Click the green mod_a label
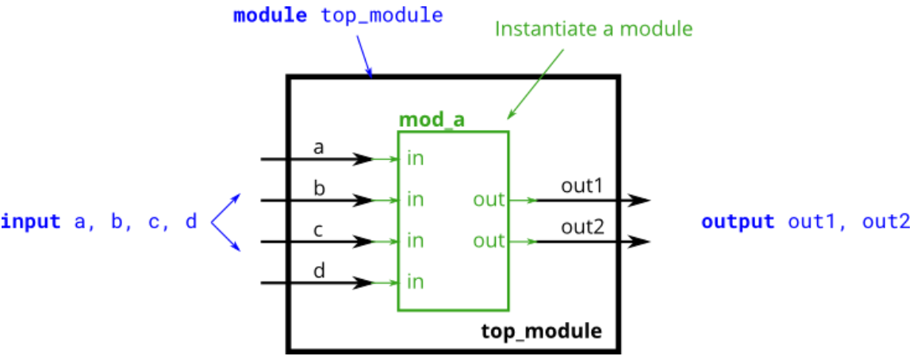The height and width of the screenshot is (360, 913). tap(432, 120)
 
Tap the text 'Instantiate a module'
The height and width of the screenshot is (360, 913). tap(594, 29)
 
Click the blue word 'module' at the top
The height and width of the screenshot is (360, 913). tap(270, 15)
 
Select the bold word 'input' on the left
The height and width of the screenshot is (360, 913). tap(31, 221)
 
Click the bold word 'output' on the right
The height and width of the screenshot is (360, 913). tap(737, 221)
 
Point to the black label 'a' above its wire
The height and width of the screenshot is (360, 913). tap(319, 147)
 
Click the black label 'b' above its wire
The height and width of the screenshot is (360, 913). tap(319, 188)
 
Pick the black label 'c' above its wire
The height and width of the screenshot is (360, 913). tap(319, 230)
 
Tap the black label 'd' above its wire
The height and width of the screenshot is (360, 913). tap(319, 270)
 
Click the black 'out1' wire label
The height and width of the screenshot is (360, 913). tap(583, 186)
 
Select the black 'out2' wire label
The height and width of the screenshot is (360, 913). tap(583, 228)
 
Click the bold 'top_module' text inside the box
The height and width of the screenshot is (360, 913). tap(541, 329)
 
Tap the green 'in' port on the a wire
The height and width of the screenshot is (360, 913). tap(415, 159)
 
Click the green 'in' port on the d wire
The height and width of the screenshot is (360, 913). tap(415, 281)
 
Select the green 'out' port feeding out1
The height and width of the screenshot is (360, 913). tap(489, 200)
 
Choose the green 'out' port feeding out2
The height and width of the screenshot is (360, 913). tap(489, 240)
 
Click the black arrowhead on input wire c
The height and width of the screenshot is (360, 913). tap(363, 241)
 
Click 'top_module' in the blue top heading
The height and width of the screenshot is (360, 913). tap(382, 15)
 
